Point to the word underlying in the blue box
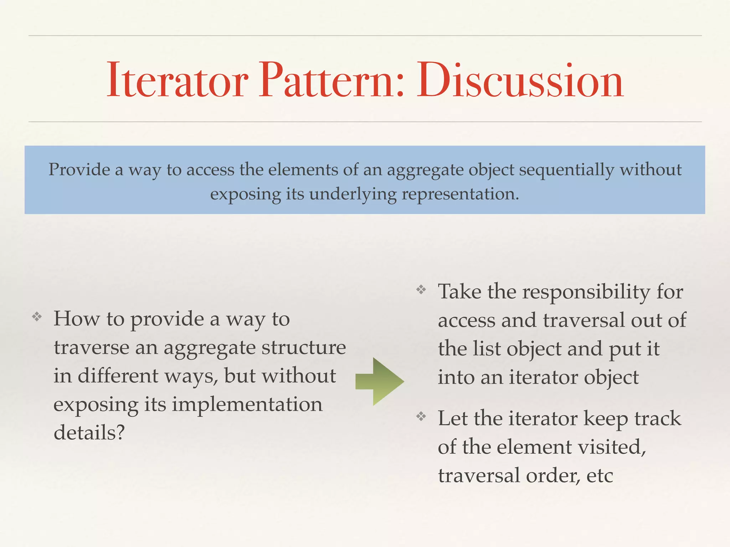353,194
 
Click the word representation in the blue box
460,194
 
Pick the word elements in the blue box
303,170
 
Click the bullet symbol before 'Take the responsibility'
421,290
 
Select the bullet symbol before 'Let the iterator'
421,416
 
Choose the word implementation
247,405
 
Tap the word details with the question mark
89,433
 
